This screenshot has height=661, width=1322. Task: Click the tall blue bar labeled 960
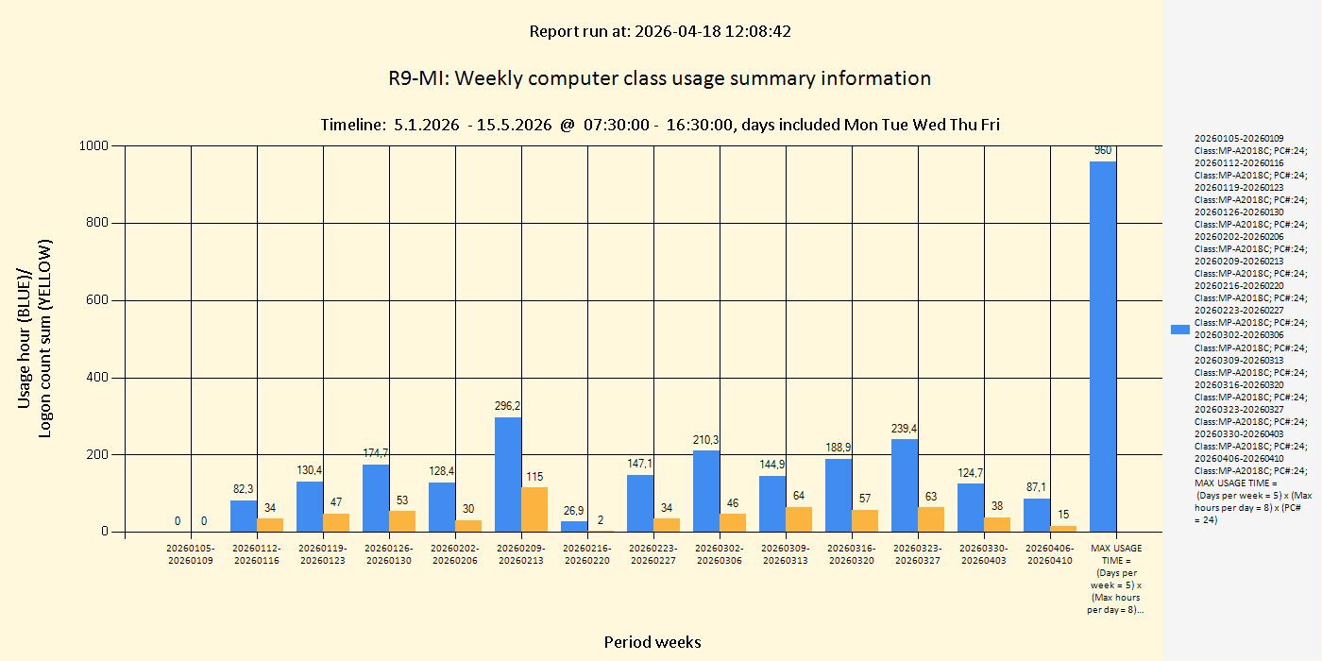(1103, 346)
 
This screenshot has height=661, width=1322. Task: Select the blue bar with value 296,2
(508, 474)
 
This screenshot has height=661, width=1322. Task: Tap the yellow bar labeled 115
(534, 509)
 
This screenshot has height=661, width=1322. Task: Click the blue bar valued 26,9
(574, 526)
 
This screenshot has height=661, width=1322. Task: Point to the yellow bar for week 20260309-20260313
(799, 519)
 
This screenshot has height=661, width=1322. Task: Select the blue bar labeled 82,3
(244, 516)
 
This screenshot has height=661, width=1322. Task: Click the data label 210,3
(705, 439)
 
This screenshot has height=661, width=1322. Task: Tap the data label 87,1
(1036, 486)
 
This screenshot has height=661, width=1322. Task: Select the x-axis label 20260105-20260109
(191, 554)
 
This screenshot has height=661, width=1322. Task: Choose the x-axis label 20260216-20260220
(587, 554)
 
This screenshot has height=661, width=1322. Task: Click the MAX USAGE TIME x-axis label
(1116, 579)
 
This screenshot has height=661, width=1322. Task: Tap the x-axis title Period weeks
(653, 642)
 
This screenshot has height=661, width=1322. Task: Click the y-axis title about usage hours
(35, 338)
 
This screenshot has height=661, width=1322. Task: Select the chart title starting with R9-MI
(659, 78)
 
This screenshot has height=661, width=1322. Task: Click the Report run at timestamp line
(659, 31)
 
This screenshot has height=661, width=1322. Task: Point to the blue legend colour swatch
(1179, 330)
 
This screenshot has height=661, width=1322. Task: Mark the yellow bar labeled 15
(1063, 529)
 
